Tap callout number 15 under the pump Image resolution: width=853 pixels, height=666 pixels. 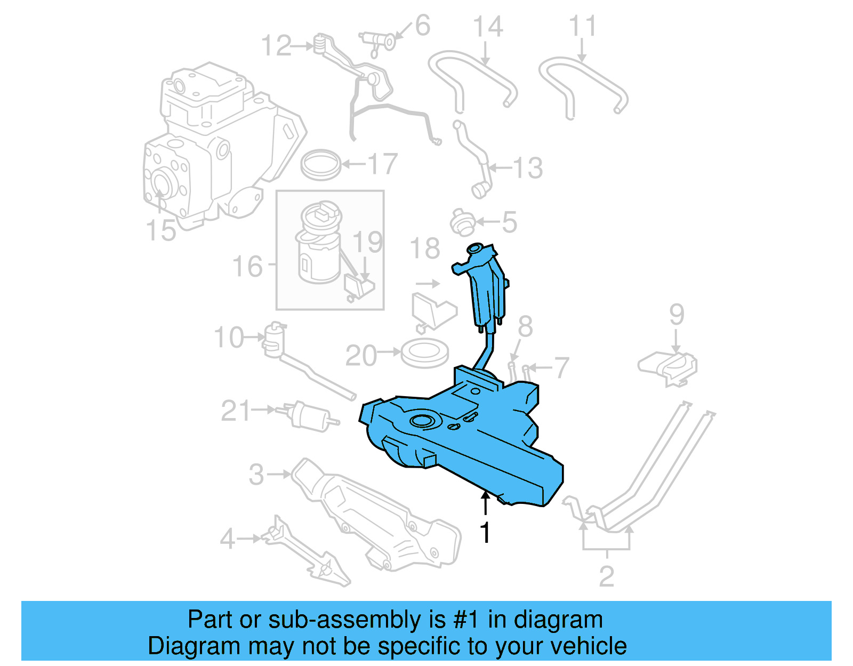(160, 230)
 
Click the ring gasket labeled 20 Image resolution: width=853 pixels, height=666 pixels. (425, 353)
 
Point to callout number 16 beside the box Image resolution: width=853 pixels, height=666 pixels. (247, 266)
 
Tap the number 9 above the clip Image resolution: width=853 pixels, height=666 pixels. (677, 315)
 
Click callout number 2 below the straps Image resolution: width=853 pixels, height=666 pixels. (607, 576)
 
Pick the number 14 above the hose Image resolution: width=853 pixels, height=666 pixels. (488, 27)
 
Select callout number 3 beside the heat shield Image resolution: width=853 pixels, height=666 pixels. (256, 474)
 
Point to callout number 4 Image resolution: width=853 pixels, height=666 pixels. (228, 539)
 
